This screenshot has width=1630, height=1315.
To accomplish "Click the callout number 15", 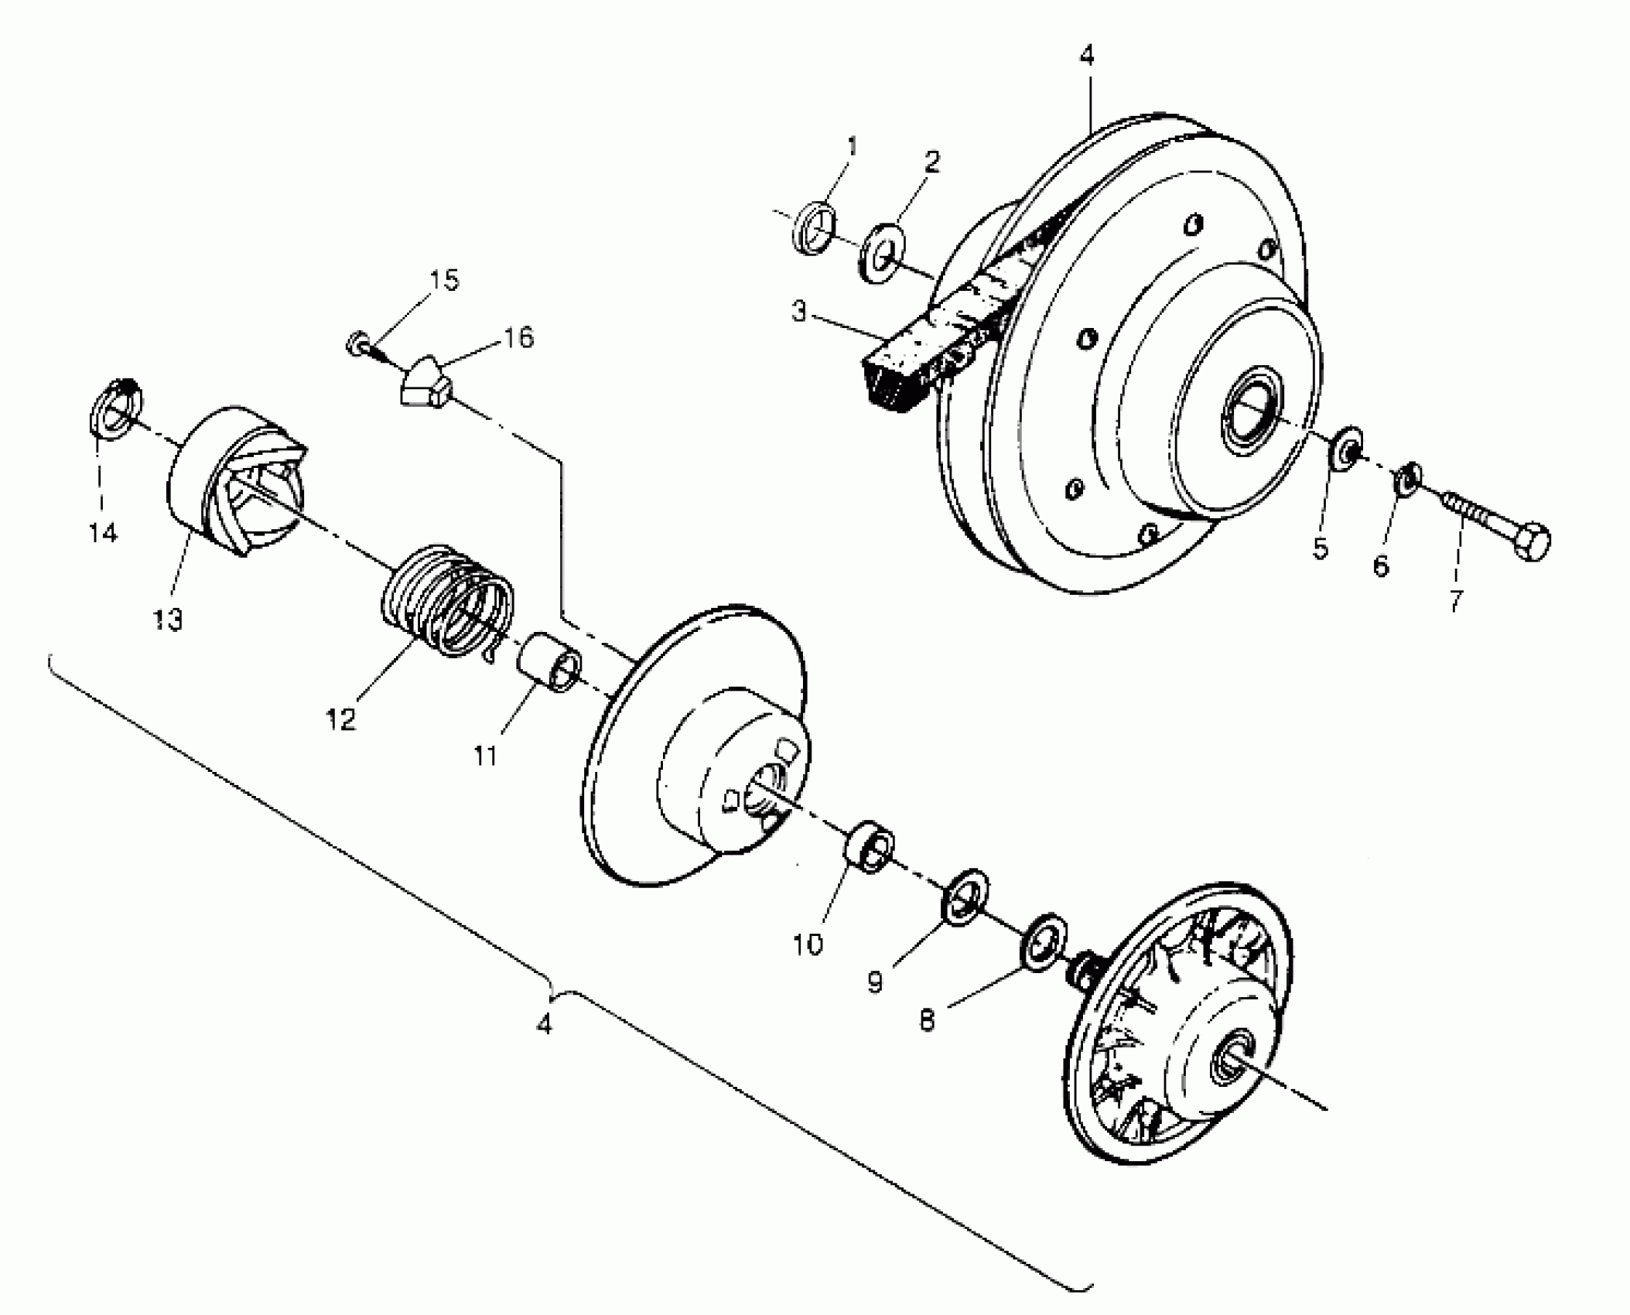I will pyautogui.click(x=444, y=279).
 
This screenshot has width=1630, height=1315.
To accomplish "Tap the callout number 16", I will pyautogui.click(x=518, y=337).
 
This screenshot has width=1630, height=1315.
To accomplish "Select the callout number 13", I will pyautogui.click(x=167, y=619).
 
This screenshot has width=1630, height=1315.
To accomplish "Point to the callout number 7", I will pyautogui.click(x=1456, y=600).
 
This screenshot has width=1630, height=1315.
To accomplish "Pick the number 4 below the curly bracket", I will pyautogui.click(x=545, y=1024).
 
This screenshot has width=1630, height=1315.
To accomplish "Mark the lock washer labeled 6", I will pyautogui.click(x=1407, y=478).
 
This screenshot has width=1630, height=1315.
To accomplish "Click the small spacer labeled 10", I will pyautogui.click(x=869, y=845).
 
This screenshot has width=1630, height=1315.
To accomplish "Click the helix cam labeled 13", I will pyautogui.click(x=236, y=480).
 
